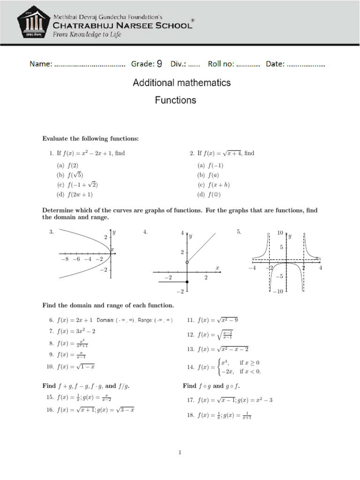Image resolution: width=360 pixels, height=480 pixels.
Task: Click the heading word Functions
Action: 176,100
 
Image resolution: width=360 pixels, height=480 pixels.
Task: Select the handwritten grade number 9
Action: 159,64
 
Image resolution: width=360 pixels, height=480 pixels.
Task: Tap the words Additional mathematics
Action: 182,83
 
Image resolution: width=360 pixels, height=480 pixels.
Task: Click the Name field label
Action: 41,64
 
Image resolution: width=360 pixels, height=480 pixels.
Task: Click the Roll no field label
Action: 221,64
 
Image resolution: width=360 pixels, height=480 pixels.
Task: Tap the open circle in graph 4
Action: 187,262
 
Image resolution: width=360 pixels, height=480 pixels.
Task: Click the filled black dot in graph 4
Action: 187,282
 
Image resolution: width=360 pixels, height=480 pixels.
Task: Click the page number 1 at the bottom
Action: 180,452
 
